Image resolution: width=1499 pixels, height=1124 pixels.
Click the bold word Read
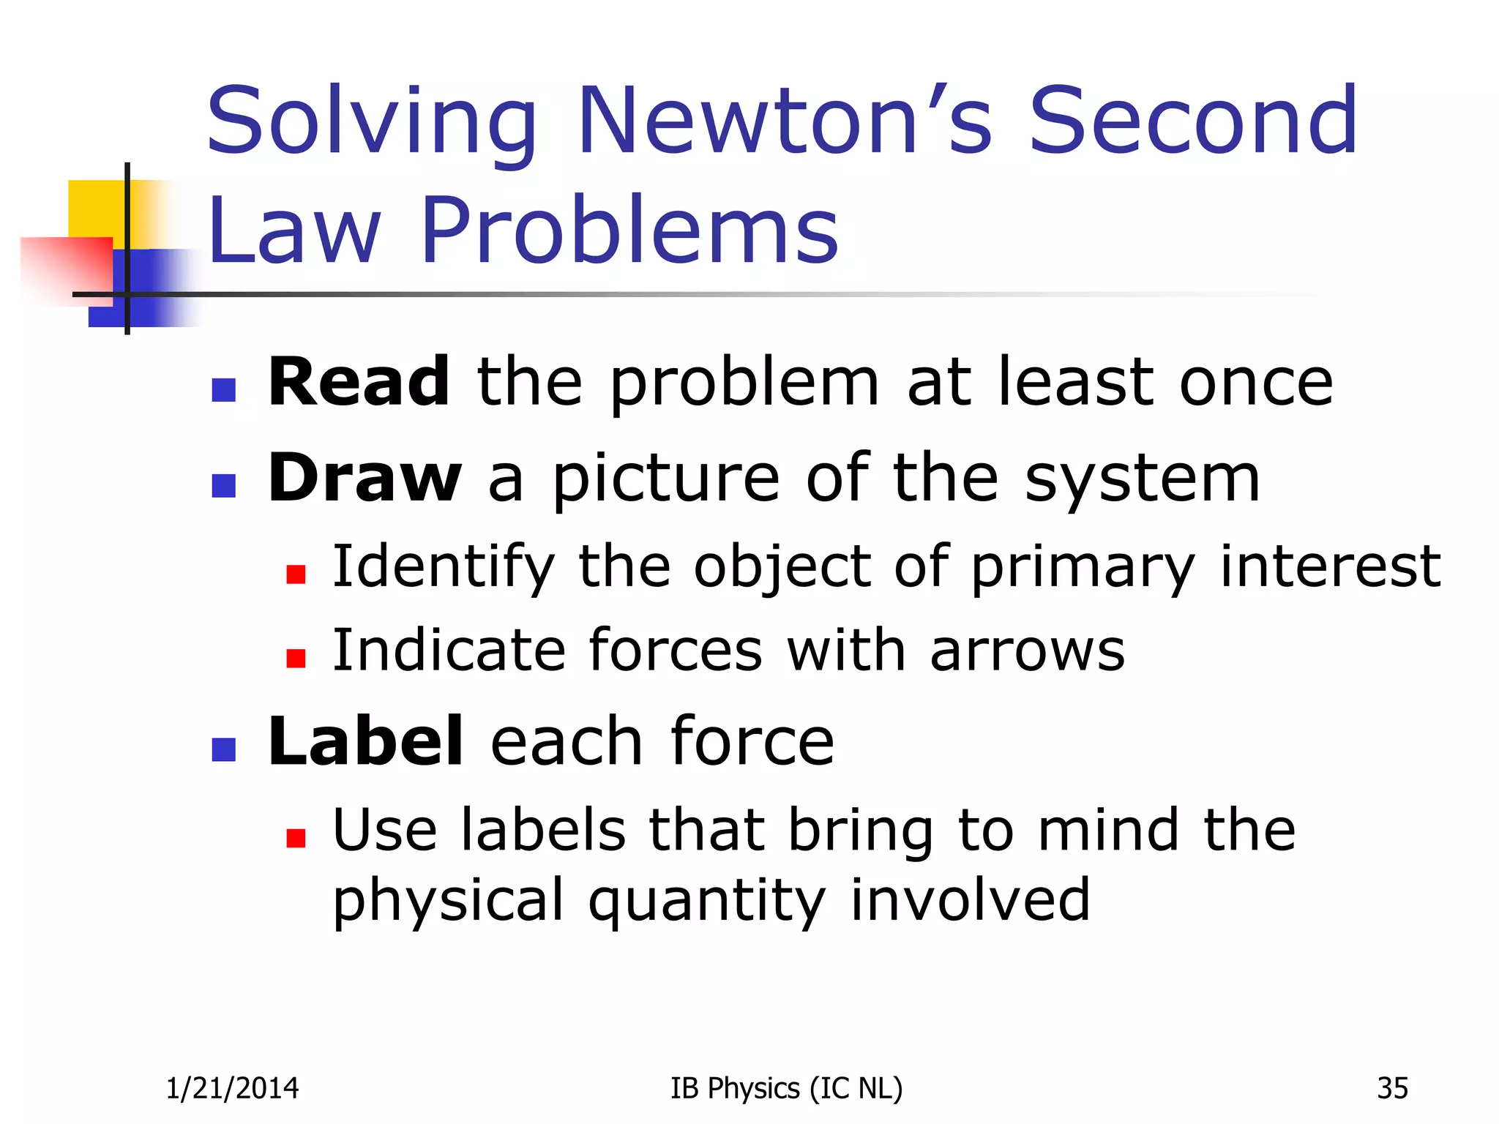click(359, 382)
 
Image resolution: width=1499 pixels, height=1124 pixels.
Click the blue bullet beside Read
click(223, 389)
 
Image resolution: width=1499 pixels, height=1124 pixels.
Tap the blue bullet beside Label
click(223, 749)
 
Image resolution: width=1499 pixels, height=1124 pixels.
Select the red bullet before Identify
click(296, 574)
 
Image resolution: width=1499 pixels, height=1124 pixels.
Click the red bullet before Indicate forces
click(296, 658)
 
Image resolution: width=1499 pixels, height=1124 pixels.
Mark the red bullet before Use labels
click(296, 837)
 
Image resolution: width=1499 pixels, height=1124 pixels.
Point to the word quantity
click(707, 902)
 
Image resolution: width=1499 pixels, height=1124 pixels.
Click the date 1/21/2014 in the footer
click(233, 1088)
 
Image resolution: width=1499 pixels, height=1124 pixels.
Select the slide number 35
click(1392, 1088)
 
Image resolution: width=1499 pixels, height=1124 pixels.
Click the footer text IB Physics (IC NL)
click(786, 1088)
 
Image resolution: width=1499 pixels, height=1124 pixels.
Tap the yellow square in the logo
click(95, 209)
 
